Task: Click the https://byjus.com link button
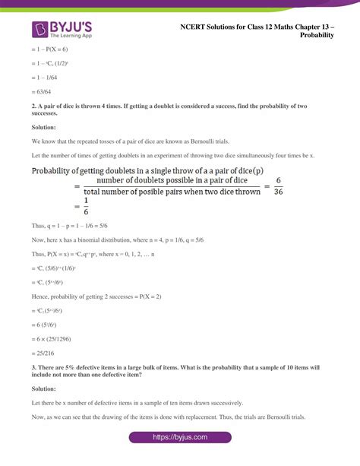point(180,437)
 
